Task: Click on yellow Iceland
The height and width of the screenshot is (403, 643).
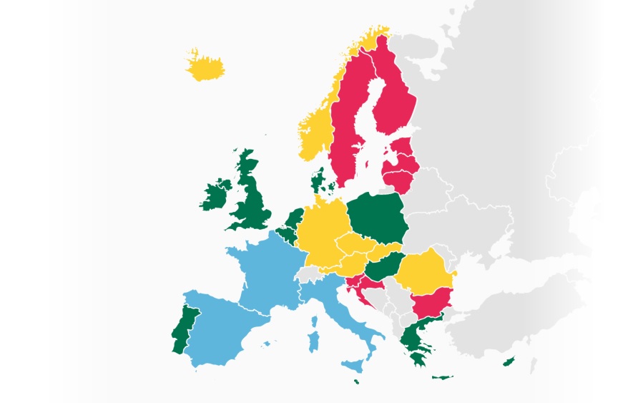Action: [205, 69]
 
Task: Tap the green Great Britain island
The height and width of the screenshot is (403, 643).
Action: [251, 200]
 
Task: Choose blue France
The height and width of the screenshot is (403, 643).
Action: [265, 272]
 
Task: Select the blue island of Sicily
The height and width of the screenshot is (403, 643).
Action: [352, 366]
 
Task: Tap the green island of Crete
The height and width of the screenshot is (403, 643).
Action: [442, 377]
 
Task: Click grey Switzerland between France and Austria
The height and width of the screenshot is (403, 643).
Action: [310, 273]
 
